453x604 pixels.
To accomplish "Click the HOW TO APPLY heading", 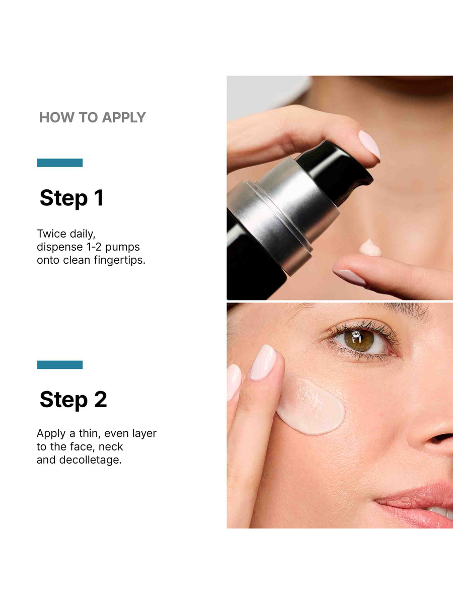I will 92,117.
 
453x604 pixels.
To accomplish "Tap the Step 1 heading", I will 71,198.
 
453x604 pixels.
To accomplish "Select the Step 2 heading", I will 73,400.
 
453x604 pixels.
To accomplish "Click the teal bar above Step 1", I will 59,163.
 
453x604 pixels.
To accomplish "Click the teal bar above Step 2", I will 59,364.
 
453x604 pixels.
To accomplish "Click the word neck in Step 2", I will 111,447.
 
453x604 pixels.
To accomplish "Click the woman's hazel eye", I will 359,341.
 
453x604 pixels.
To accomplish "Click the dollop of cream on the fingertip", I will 370,248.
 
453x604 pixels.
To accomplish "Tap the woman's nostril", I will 442,437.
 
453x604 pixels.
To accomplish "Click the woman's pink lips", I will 418,498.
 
